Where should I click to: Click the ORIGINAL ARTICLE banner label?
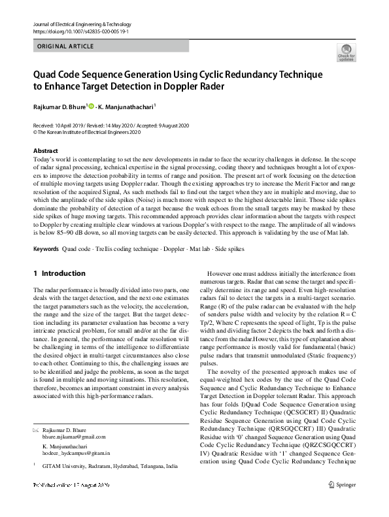click(x=65, y=46)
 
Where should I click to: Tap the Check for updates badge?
click(x=346, y=52)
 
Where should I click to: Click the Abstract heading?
click(x=46, y=151)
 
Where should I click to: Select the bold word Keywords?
click(x=46, y=249)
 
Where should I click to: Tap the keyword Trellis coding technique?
click(x=123, y=249)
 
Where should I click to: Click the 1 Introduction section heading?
click(x=59, y=273)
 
